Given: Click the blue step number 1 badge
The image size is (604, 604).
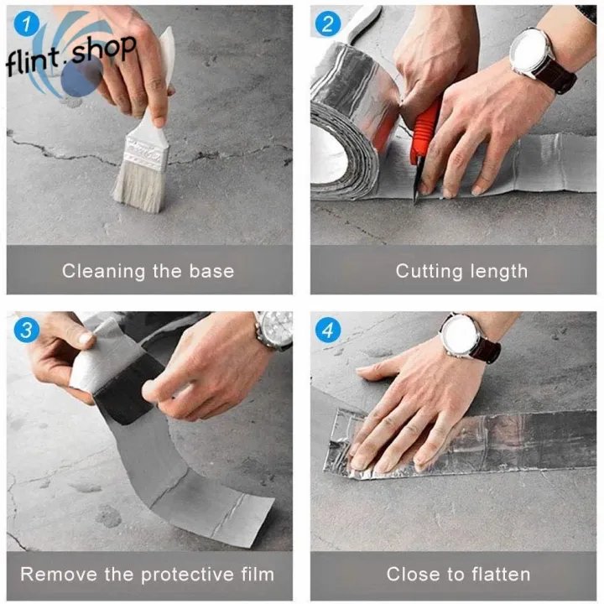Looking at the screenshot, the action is coord(27,23).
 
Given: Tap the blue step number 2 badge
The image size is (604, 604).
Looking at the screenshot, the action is coord(328,23).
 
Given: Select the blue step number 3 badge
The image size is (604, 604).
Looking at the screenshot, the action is coord(27,330).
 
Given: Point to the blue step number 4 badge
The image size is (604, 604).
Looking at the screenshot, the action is coord(328,331).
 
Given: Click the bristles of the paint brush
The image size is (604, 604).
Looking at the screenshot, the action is coord(140,190).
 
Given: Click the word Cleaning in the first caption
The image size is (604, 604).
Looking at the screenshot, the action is coord(104,271).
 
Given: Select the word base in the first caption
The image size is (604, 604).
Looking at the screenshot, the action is coord(211,271).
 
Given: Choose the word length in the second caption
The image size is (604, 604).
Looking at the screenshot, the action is coord(499,271).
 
